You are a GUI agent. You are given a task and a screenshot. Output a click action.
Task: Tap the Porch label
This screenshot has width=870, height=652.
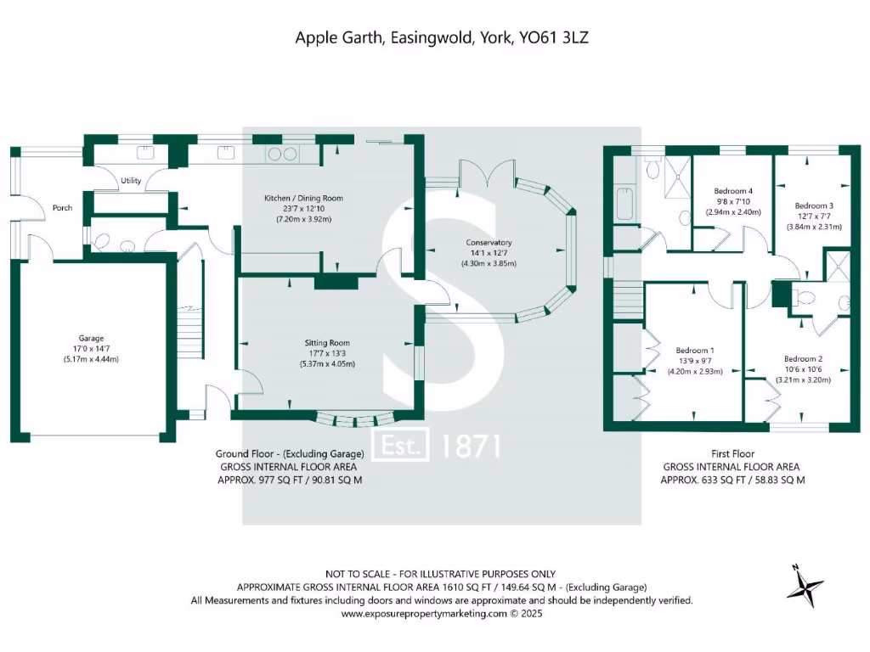click(62, 207)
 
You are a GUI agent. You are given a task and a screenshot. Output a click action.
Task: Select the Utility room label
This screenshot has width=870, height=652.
click(131, 181)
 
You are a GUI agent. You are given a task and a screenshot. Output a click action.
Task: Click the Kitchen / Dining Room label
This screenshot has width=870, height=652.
click(304, 198)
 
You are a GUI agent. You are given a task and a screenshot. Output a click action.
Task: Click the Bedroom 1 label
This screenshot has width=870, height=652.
click(694, 350)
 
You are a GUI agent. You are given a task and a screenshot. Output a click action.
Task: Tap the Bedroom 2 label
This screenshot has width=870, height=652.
click(803, 358)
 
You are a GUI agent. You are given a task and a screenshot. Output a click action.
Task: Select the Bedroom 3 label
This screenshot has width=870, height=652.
click(813, 205)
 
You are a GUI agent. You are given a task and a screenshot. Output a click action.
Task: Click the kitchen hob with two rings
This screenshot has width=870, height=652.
click(283, 154)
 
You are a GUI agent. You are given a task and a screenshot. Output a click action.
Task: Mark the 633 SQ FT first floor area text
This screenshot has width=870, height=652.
click(698, 480)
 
